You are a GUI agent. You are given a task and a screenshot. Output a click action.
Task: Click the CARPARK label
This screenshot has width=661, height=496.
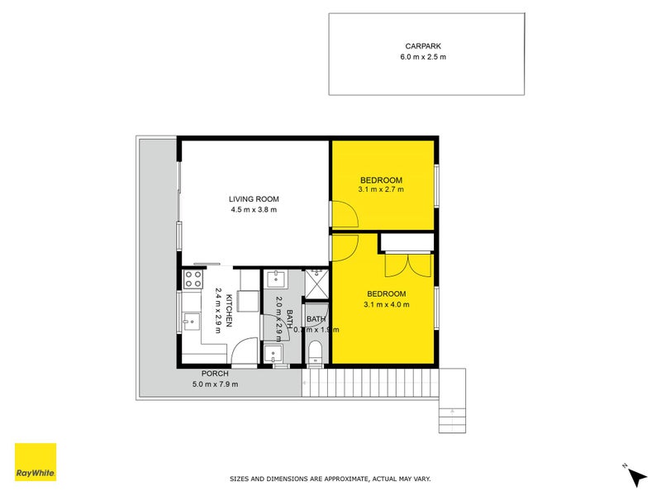pos(426,46)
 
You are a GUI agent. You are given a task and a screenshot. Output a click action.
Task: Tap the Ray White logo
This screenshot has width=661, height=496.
pos(36,462)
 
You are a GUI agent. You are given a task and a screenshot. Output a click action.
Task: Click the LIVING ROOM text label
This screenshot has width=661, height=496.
pos(254,198)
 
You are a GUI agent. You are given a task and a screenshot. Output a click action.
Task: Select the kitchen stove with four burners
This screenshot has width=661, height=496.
pos(193,279)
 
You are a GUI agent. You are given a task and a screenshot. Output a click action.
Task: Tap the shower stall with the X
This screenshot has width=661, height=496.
pos(316,283)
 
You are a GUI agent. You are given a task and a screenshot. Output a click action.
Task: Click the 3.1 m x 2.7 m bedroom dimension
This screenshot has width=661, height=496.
pos(381,191)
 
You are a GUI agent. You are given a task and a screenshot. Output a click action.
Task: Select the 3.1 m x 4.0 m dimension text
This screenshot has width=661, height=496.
pos(386,305)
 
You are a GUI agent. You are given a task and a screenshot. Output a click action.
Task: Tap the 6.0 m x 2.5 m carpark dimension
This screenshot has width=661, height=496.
pos(426,57)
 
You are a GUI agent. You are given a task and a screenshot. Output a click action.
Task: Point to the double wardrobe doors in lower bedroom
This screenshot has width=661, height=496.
pos(407,265)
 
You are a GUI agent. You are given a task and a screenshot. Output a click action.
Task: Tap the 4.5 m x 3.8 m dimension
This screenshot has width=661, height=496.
pos(254,210)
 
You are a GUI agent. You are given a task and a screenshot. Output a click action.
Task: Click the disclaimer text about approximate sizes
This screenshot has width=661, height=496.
pos(330,479)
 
